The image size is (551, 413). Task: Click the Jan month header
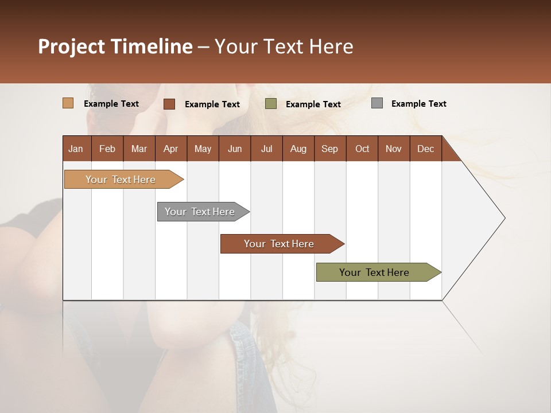tap(76, 149)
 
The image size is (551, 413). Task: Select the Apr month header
tap(170, 149)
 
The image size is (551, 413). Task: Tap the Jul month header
tap(266, 149)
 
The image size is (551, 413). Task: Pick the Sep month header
tap(329, 149)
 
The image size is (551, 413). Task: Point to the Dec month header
tap(425, 149)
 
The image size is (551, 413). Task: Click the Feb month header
tap(107, 149)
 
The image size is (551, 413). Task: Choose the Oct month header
tap(362, 149)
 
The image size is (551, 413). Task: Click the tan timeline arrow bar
tap(121, 180)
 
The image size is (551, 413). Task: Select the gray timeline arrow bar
tap(200, 212)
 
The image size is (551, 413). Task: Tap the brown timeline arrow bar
tap(280, 244)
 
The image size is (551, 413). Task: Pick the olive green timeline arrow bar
tap(375, 272)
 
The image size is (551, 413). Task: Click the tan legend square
tap(68, 103)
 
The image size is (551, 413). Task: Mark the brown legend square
tap(169, 104)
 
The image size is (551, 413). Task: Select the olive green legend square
tap(271, 104)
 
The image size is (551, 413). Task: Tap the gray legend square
tap(377, 103)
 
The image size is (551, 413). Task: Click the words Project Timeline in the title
tap(115, 46)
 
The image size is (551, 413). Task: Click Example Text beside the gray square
tap(418, 104)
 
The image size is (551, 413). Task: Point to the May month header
tap(203, 149)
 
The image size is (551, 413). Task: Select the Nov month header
tap(393, 149)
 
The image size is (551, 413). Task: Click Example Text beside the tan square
tap(111, 104)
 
